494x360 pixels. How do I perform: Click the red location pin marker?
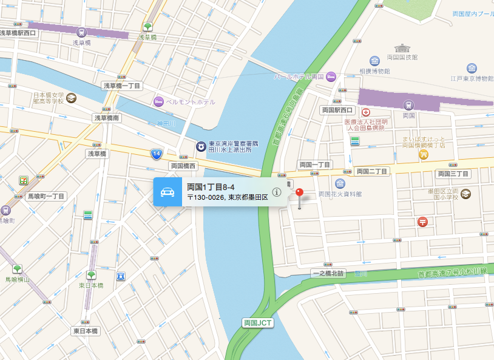[x=299, y=194]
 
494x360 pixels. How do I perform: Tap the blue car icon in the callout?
[x=167, y=192]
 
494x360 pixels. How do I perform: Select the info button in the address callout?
[x=277, y=192]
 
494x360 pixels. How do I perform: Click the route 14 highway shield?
[x=157, y=154]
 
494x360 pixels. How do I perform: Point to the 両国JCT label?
[x=258, y=322]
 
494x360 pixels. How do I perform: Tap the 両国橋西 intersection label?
[x=183, y=166]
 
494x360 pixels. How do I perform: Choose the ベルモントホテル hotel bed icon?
[x=158, y=101]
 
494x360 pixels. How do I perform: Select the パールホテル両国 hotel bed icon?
[x=331, y=76]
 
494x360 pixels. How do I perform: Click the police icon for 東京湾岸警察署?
[x=200, y=146]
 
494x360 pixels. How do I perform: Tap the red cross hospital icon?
[x=366, y=112]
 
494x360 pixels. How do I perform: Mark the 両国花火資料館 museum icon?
[x=340, y=183]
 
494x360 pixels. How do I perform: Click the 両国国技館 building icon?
[x=402, y=48]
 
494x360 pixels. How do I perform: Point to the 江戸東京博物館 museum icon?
[x=472, y=68]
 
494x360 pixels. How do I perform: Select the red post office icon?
[x=422, y=222]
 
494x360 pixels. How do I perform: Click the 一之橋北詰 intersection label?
[x=328, y=273]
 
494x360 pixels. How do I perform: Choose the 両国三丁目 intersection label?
[x=453, y=174]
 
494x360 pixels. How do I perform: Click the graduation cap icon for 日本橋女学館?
[x=72, y=98]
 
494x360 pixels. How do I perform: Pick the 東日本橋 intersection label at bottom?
[x=86, y=331]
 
